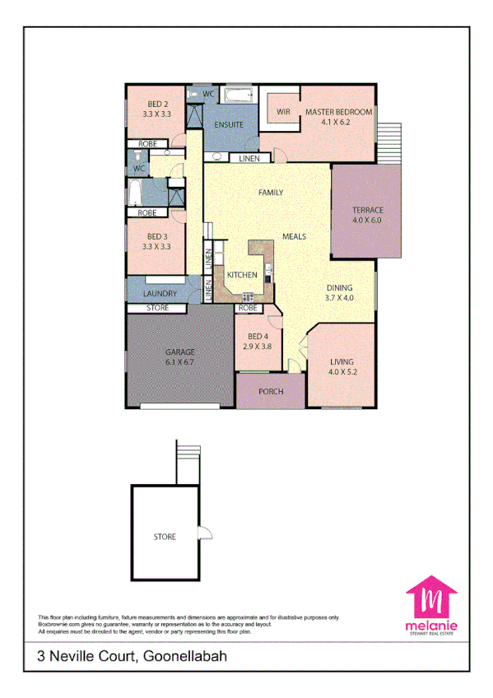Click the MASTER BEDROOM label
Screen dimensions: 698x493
(x=338, y=112)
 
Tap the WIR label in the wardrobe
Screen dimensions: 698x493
(x=284, y=112)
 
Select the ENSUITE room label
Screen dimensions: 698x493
(x=228, y=124)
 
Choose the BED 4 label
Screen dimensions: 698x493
(x=257, y=337)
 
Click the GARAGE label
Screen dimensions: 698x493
(x=180, y=352)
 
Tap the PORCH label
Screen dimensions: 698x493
(x=271, y=392)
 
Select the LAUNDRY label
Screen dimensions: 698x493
(x=160, y=293)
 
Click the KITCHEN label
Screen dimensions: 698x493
(x=243, y=275)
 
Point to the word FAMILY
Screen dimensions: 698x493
(x=271, y=193)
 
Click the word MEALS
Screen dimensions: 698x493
(x=294, y=236)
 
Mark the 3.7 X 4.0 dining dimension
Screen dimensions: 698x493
(x=338, y=298)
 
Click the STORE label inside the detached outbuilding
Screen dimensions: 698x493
(x=165, y=537)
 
